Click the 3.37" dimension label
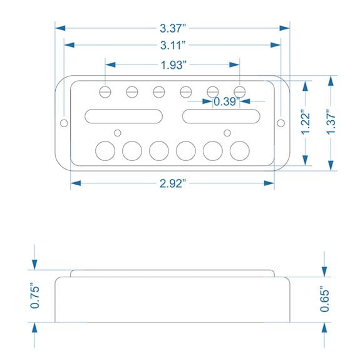pyautogui.click(x=173, y=28)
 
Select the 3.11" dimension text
pyautogui.click(x=173, y=45)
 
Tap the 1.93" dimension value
pyautogui.click(x=173, y=65)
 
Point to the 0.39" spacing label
pyautogui.click(x=227, y=101)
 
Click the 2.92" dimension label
pyautogui.click(x=173, y=183)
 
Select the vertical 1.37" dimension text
pyautogui.click(x=331, y=122)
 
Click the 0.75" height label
pyautogui.click(x=35, y=297)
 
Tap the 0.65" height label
pyautogui.click(x=325, y=299)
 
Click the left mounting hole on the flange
pyautogui.click(x=64, y=123)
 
